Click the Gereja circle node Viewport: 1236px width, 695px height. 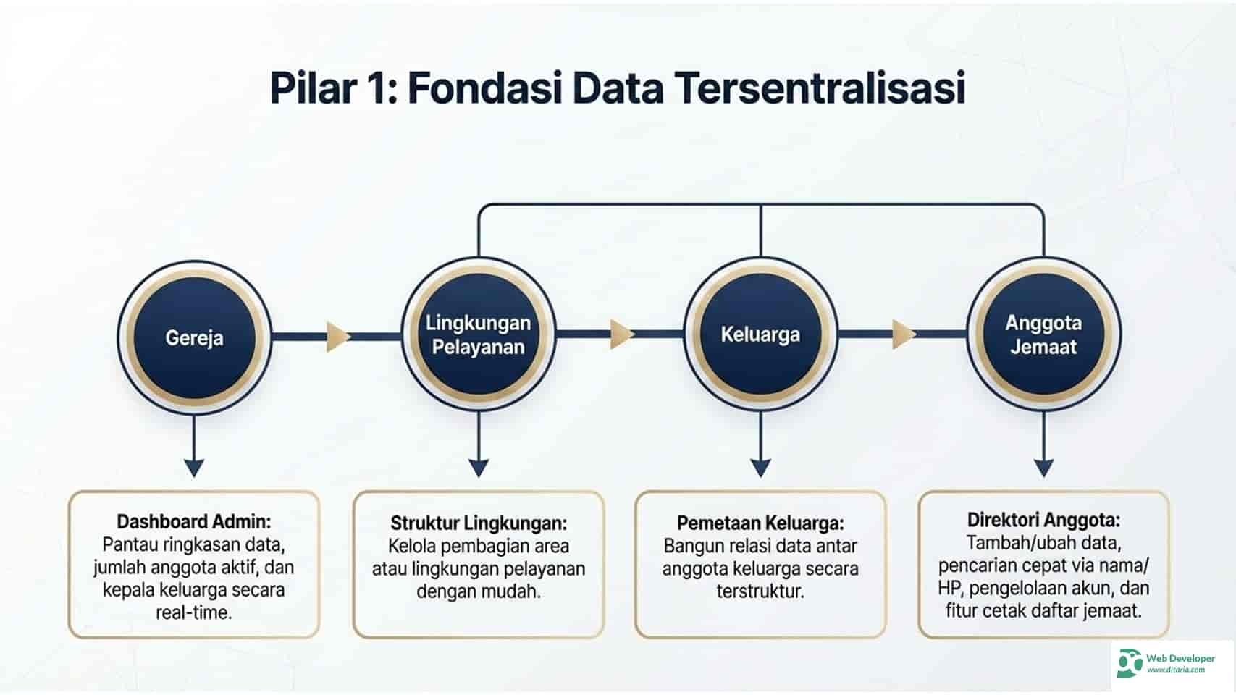point(194,337)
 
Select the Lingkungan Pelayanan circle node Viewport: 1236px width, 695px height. point(478,334)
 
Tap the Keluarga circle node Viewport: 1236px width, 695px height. point(760,334)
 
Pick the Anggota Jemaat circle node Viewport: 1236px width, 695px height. point(1043,334)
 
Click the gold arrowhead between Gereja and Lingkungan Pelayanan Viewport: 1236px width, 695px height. point(337,337)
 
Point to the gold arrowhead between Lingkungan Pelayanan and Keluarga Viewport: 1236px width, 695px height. point(621,334)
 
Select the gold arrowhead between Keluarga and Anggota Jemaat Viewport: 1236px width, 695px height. point(904,334)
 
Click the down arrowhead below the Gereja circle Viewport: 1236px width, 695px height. point(194,467)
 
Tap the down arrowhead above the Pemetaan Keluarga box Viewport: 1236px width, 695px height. point(760,467)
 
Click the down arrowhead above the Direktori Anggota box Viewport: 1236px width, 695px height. point(1043,467)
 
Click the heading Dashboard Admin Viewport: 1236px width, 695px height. point(194,521)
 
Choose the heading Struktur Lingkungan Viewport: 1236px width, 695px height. point(479,523)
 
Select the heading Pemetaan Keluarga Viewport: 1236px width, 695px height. point(760,523)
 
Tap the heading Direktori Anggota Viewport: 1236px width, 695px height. point(1043,520)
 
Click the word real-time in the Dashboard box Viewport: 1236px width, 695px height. point(194,612)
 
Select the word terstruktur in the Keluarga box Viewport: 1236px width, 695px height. point(760,591)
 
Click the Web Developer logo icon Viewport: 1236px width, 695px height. point(1129,662)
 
